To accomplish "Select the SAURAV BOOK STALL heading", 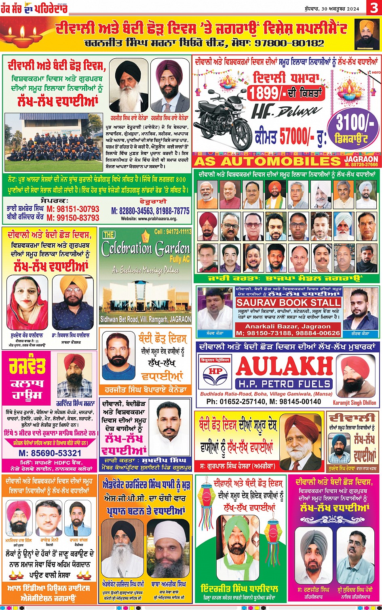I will coord(288,302).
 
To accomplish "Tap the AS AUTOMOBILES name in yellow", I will coord(267,162).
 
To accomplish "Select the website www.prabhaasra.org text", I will coord(149,219).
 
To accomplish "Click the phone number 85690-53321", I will coord(50,453).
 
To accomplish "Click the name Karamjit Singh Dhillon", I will coord(355,402).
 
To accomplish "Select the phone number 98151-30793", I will coord(73,209).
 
